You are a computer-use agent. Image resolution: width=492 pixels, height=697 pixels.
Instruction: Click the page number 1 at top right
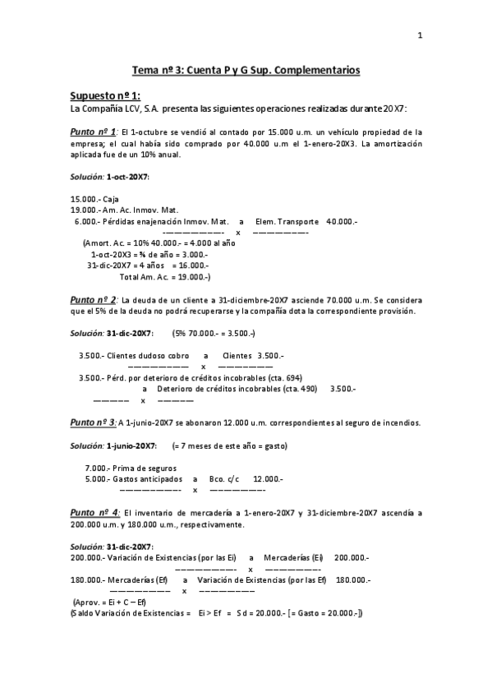tap(420, 35)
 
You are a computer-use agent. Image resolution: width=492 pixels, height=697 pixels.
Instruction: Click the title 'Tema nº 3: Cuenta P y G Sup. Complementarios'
tap(246, 71)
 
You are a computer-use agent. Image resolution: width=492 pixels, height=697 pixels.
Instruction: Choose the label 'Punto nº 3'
tap(93, 422)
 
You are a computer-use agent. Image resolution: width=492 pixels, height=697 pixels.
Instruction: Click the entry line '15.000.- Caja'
tap(95, 199)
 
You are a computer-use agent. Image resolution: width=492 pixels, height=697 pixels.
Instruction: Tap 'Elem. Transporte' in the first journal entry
tap(287, 222)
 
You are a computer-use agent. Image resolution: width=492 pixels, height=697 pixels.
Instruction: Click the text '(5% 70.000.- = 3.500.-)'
tap(214, 334)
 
